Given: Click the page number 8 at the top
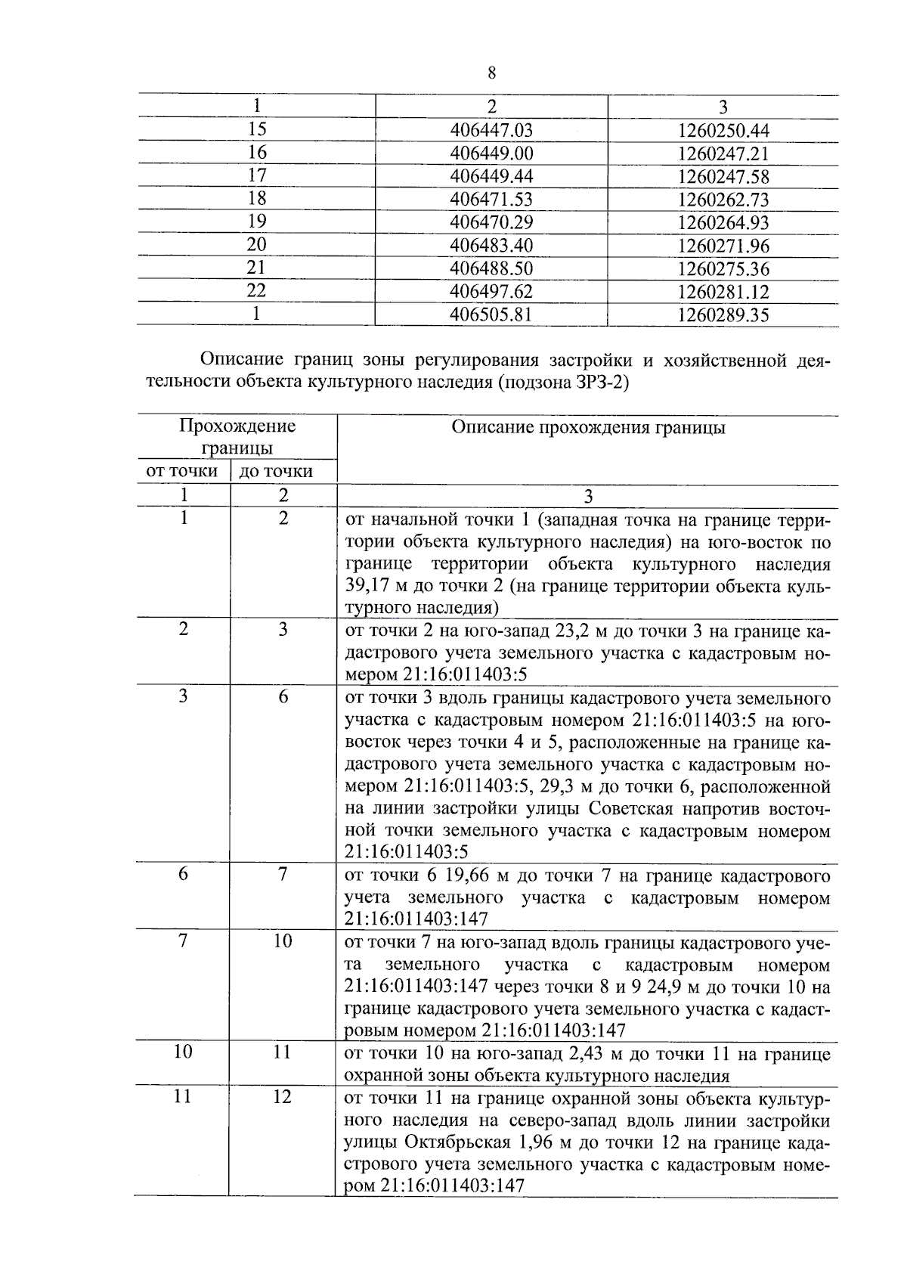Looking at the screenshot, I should click(492, 73).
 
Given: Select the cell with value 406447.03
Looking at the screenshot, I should click(491, 131).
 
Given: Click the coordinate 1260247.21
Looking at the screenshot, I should click(723, 154).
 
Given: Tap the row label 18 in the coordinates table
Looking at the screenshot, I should click(257, 199).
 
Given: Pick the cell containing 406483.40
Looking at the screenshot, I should click(491, 246).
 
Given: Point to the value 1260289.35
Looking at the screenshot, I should click(723, 315).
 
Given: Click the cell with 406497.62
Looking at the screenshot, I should click(491, 292).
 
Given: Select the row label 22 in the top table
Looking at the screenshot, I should click(257, 290).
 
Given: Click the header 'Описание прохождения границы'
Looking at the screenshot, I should click(588, 428).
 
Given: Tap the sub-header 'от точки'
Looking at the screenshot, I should click(182, 472).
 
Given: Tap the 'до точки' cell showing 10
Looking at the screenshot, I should click(283, 941).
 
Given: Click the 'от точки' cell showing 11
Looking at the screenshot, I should click(182, 1097).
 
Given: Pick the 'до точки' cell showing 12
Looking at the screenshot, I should click(283, 1097).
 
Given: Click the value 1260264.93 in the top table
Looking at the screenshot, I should click(723, 223).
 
